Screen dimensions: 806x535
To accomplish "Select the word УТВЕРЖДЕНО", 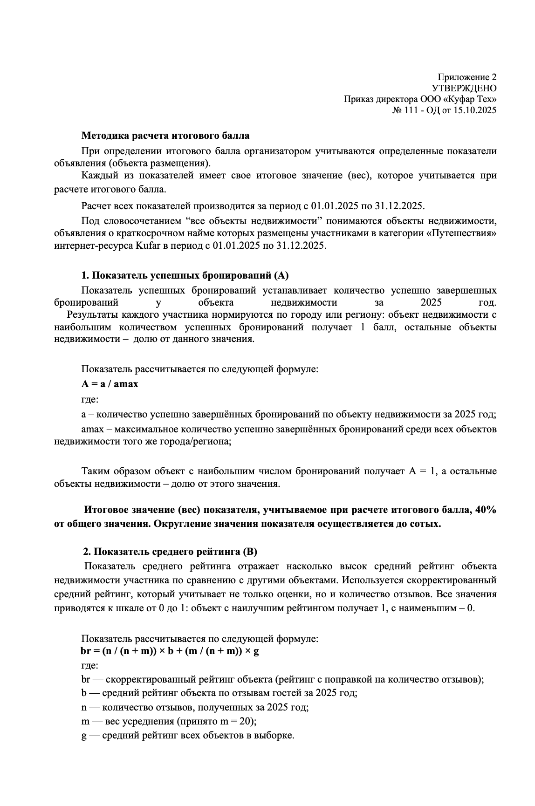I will coord(464,88).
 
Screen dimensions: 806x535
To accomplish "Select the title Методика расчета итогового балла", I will coord(165,136).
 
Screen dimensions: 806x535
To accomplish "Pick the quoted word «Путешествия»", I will coord(461,233).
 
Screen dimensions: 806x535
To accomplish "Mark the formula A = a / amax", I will coord(110,384).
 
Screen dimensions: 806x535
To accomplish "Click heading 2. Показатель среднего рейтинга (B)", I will coord(170,552).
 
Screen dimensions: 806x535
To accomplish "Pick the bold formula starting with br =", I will coord(170,651).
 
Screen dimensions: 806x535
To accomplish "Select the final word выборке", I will coord(275,736).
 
